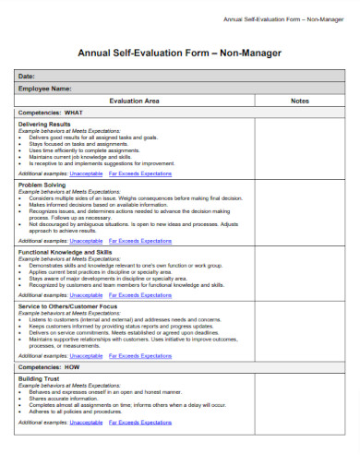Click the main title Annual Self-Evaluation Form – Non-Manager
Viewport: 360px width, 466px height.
pyautogui.click(x=180, y=53)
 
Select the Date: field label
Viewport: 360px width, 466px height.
pyautogui.click(x=27, y=76)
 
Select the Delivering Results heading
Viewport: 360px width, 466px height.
pyautogui.click(x=45, y=124)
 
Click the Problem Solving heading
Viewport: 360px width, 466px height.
pyautogui.click(x=42, y=185)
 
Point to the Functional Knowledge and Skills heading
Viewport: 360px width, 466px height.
pyautogui.click(x=66, y=252)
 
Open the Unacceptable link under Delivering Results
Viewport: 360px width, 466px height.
pyautogui.click(x=86, y=173)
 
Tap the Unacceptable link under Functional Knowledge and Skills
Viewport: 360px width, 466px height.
pyautogui.click(x=86, y=294)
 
